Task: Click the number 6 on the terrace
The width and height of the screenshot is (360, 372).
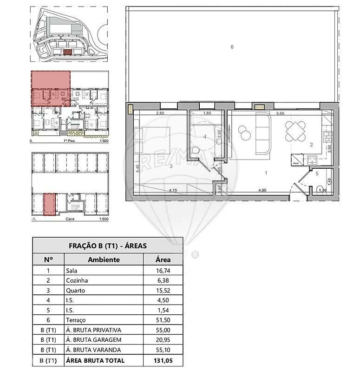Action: (232, 46)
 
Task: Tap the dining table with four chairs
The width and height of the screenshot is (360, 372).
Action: (295, 131)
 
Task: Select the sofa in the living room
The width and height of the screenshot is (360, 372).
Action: (263, 134)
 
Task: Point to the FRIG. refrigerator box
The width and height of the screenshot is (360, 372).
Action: (295, 163)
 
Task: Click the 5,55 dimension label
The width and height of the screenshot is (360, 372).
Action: (280, 113)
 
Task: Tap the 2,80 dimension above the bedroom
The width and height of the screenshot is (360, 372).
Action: (160, 113)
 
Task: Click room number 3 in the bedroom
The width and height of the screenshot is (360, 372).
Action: (171, 166)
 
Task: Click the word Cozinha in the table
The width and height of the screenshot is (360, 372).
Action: (77, 280)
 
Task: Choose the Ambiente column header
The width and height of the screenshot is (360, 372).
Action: (104, 259)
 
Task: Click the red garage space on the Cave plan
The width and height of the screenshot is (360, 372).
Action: (49, 205)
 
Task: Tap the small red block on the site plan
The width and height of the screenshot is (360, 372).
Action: (67, 53)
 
